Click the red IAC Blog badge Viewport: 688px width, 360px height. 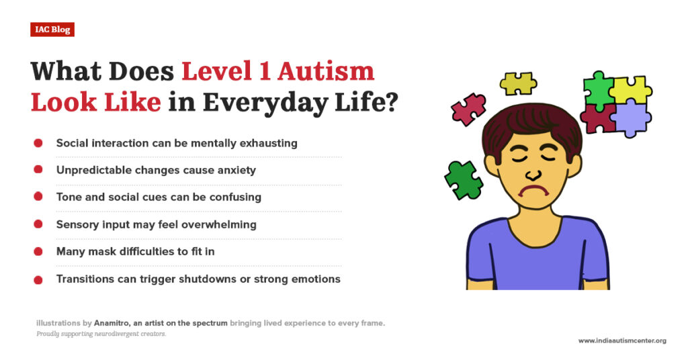click(x=52, y=30)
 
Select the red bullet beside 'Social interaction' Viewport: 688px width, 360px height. click(x=38, y=143)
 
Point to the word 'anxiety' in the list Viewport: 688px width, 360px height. click(x=234, y=170)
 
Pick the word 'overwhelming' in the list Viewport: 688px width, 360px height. click(x=218, y=224)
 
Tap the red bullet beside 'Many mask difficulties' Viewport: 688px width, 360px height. click(x=38, y=251)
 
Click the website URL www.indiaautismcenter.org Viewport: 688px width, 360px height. click(x=622, y=341)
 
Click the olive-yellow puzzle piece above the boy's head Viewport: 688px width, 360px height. click(x=518, y=83)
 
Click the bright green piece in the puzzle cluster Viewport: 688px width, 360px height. click(x=597, y=88)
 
